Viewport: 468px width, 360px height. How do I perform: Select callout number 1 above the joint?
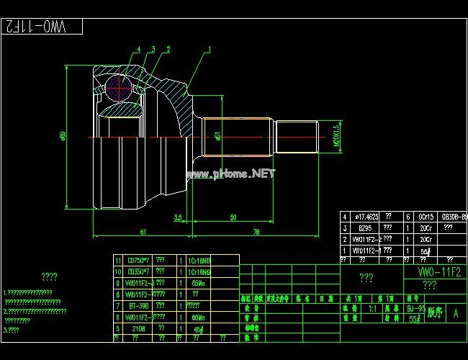coord(210,50)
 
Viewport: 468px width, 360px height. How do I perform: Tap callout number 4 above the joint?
coord(139,50)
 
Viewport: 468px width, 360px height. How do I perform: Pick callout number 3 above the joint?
coord(153,50)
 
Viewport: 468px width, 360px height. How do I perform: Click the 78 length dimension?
coord(256,231)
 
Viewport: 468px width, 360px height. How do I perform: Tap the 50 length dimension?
coord(233,217)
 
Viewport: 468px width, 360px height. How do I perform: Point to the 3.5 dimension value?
coord(178,217)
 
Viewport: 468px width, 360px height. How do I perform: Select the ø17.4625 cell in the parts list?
coord(364,216)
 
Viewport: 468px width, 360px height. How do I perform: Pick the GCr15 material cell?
coord(426,216)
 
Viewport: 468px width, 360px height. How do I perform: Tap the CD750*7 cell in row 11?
coord(137,260)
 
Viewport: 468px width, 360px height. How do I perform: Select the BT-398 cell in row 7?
coord(138,305)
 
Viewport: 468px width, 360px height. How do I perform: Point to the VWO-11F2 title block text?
coord(440,272)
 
